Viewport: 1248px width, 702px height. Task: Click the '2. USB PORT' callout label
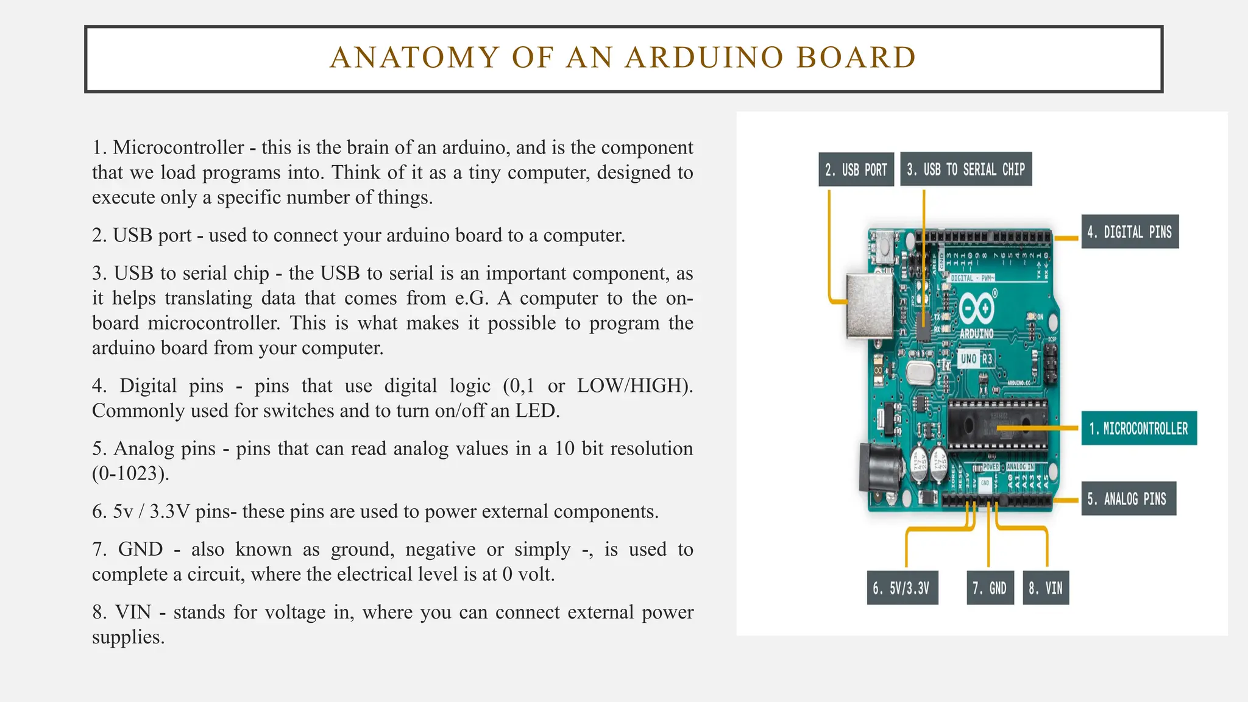pos(856,169)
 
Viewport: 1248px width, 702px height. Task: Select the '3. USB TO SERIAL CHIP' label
pos(966,169)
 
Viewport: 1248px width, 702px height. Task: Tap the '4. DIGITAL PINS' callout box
pos(1130,232)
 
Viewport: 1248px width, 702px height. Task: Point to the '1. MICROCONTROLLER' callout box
pos(1139,428)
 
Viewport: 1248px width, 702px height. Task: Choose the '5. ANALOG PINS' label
pos(1128,499)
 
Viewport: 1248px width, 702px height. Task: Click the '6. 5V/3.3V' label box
pos(902,588)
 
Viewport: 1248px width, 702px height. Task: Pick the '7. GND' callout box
pos(990,588)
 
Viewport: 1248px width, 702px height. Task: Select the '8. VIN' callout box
pos(1046,588)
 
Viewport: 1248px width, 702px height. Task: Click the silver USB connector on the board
pos(870,306)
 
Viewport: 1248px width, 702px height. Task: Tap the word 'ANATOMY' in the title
pos(415,58)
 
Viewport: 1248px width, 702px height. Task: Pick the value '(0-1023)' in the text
pos(130,473)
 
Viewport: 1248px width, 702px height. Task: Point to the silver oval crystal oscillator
pos(920,370)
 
